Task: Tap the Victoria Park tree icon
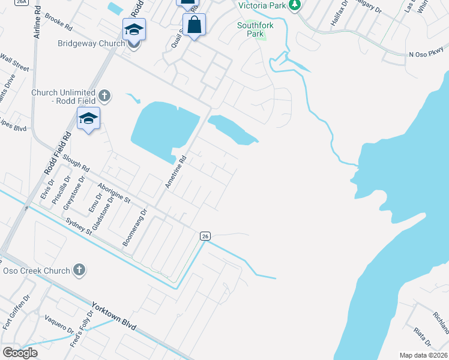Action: (x=294, y=5)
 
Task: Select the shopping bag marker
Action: (x=194, y=26)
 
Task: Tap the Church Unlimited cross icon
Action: (x=104, y=95)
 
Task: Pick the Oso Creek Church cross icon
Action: (x=79, y=271)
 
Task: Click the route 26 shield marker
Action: (x=205, y=236)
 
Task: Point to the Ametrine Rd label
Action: (x=176, y=173)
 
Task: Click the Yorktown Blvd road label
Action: (x=115, y=316)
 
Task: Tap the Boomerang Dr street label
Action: (x=134, y=229)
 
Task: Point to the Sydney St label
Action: (x=79, y=227)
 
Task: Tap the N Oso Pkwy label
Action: (x=427, y=55)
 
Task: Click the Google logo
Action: (x=20, y=352)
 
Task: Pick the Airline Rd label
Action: (x=37, y=24)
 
